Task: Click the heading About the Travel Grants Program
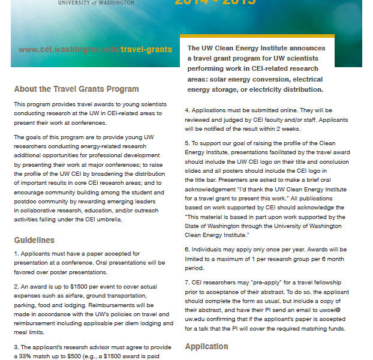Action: click(x=76, y=89)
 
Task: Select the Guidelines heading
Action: click(x=36, y=240)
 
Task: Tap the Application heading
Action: click(x=206, y=346)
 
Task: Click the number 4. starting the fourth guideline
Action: click(x=187, y=110)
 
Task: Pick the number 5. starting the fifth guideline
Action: click(x=187, y=144)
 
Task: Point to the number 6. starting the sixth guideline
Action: click(x=187, y=248)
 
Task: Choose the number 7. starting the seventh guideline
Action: click(x=187, y=281)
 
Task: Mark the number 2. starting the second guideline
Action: click(x=16, y=288)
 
